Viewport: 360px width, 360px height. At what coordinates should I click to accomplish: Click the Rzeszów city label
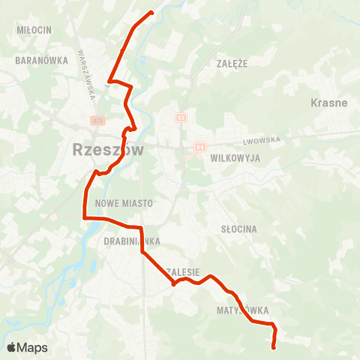pyautogui.click(x=109, y=148)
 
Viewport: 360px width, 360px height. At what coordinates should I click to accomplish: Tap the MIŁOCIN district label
pyautogui.click(x=33, y=29)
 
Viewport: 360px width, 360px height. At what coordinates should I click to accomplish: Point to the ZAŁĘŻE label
pyautogui.click(x=232, y=64)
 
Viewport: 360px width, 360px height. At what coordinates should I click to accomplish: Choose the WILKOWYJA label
pyautogui.click(x=235, y=159)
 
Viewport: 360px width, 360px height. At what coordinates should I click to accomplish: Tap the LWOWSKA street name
pyautogui.click(x=260, y=140)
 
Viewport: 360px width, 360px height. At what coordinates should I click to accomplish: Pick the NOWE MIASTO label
pyautogui.click(x=124, y=203)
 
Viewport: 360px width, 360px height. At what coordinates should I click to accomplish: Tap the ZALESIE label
pyautogui.click(x=183, y=272)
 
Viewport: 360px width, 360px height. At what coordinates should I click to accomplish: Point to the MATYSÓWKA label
pyautogui.click(x=241, y=310)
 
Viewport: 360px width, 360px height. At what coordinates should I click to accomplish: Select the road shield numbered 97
pyautogui.click(x=181, y=117)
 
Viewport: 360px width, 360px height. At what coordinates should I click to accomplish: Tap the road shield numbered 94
pyautogui.click(x=199, y=147)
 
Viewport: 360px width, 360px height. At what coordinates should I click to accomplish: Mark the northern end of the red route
pyautogui.click(x=151, y=12)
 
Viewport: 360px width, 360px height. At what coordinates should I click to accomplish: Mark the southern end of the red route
pyautogui.click(x=273, y=346)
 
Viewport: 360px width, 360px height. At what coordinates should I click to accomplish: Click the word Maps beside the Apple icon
pyautogui.click(x=33, y=347)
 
